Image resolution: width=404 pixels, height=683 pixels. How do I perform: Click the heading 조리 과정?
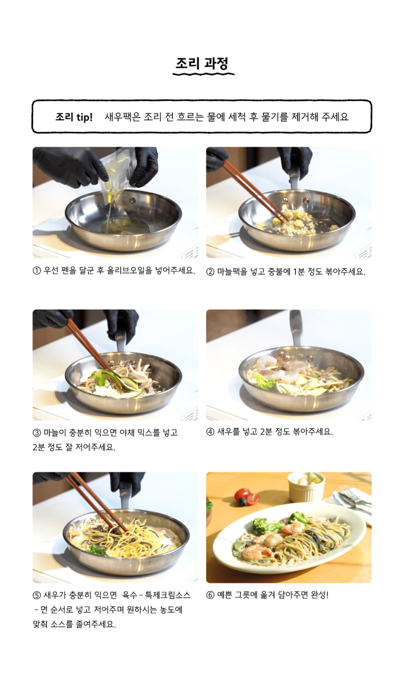(x=202, y=63)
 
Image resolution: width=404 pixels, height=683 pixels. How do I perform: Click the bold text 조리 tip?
(x=74, y=117)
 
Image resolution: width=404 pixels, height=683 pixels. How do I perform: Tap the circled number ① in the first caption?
(x=37, y=271)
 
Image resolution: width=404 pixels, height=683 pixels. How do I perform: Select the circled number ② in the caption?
(x=210, y=272)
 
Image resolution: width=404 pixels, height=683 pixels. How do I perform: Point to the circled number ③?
(x=37, y=432)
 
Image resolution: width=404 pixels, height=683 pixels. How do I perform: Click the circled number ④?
(x=210, y=432)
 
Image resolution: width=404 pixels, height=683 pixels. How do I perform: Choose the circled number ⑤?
(x=37, y=595)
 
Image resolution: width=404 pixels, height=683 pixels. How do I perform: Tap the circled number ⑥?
(x=210, y=595)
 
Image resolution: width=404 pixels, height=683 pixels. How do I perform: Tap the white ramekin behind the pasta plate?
(x=306, y=487)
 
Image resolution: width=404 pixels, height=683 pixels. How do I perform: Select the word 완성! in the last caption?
(x=319, y=595)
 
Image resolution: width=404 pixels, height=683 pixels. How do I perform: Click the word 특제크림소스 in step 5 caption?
(x=168, y=595)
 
